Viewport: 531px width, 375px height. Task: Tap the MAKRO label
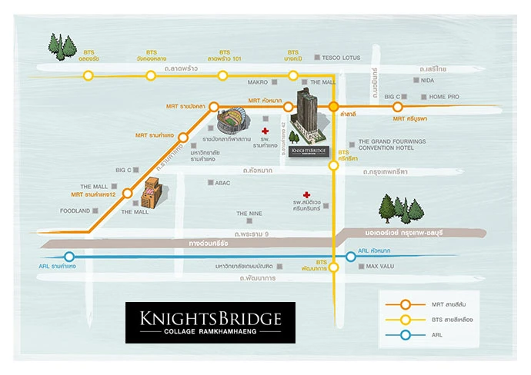point(258,81)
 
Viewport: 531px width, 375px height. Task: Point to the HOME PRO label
point(444,97)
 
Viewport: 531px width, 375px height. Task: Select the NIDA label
point(428,80)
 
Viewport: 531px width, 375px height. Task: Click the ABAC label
point(222,183)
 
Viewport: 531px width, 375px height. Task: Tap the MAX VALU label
point(379,267)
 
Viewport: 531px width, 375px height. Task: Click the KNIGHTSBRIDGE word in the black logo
point(209,317)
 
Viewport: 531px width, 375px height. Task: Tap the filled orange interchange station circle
point(334,106)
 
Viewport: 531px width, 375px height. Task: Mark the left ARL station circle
point(69,257)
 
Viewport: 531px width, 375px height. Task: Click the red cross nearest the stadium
point(265,120)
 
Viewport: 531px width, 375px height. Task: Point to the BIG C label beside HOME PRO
point(392,97)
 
